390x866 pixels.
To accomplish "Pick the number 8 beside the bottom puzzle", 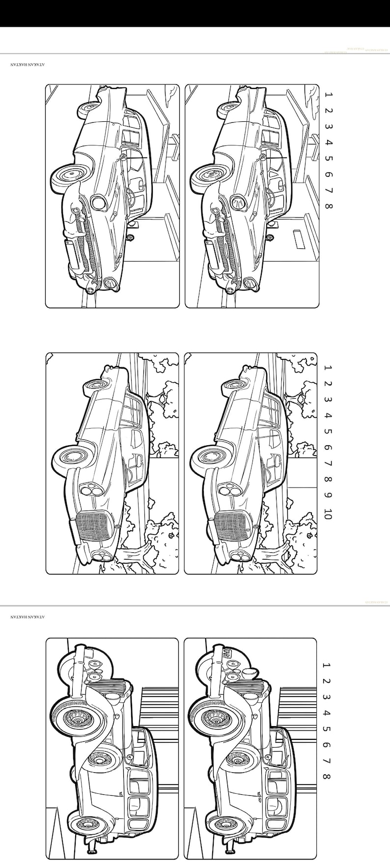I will [327, 776].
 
